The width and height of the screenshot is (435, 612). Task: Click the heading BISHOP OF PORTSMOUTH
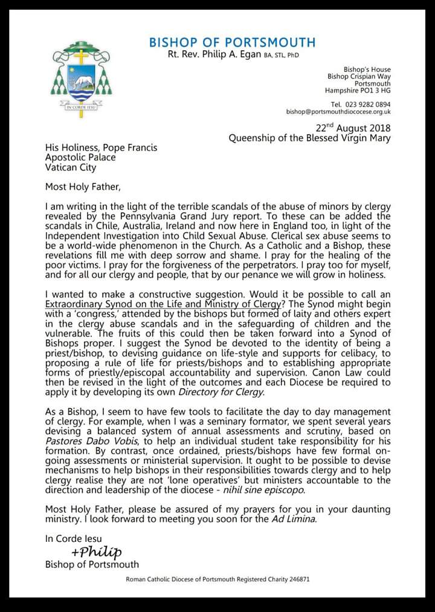[232, 42]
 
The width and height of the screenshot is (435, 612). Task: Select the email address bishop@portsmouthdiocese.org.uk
[338, 112]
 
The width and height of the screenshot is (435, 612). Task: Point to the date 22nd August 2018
[353, 128]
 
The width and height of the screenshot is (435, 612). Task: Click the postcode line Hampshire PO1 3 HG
[358, 91]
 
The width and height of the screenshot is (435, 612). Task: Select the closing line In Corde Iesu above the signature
[73, 538]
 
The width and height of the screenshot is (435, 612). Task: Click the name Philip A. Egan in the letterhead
[231, 56]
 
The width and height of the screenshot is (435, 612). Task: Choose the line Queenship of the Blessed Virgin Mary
[309, 138]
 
